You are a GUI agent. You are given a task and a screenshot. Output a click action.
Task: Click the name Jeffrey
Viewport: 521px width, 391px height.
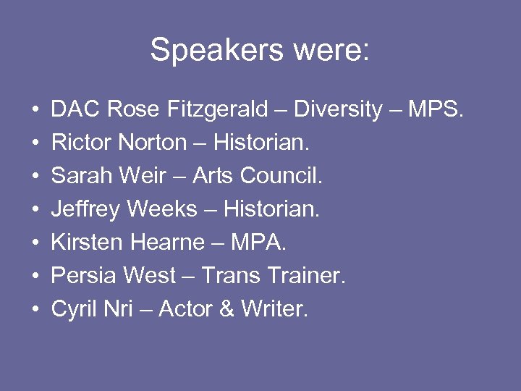(x=86, y=210)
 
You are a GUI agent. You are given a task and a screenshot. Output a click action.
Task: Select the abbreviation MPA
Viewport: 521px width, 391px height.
(x=258, y=243)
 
